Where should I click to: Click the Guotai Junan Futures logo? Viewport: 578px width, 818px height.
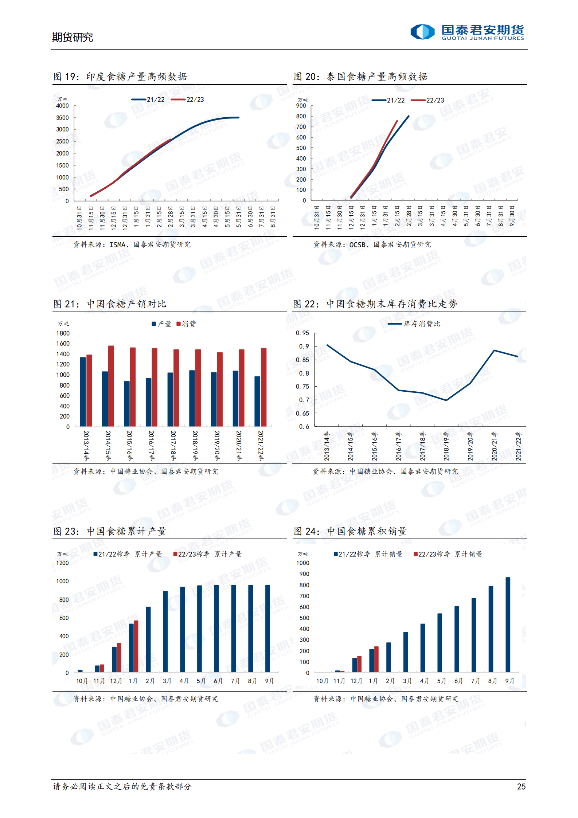tap(467, 32)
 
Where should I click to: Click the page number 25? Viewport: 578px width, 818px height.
tap(521, 786)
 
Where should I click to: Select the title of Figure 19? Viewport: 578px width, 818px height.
tap(120, 77)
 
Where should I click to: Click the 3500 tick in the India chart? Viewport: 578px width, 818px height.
tap(62, 118)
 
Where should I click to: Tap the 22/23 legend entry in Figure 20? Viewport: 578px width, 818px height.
tap(427, 100)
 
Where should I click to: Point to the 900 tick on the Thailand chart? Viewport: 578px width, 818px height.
tap(301, 106)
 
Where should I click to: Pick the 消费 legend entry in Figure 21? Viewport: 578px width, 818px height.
tap(186, 324)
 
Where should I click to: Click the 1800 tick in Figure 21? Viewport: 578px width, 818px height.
tap(63, 333)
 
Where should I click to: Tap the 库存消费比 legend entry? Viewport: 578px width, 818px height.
tap(414, 324)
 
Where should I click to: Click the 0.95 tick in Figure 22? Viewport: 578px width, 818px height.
tap(302, 333)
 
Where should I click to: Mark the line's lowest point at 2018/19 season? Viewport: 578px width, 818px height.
tap(446, 400)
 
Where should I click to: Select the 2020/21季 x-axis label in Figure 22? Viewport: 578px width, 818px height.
tap(494, 446)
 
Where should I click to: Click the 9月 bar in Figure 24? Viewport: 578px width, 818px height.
tap(508, 625)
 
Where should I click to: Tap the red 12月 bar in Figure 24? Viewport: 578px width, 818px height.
tap(359, 664)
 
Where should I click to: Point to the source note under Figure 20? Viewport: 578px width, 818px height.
tap(372, 244)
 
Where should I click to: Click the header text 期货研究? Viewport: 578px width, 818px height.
tap(72, 37)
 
